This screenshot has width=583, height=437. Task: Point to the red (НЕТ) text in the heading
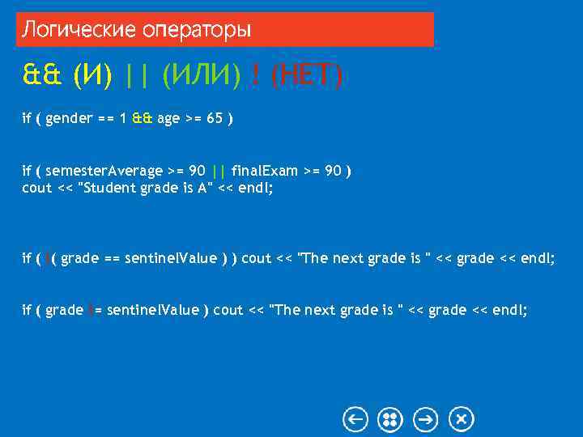(x=306, y=77)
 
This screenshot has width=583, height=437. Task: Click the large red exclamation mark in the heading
(x=256, y=77)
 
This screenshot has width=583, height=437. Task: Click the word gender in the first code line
(x=69, y=119)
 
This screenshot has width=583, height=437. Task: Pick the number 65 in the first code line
(x=215, y=119)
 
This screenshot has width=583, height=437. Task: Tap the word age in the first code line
(x=168, y=119)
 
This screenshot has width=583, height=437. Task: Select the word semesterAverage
(x=104, y=171)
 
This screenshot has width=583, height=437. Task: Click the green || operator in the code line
(x=217, y=171)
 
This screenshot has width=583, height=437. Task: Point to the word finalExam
(x=264, y=171)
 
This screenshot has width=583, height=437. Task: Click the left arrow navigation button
(x=355, y=419)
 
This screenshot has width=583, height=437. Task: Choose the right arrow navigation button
(x=426, y=419)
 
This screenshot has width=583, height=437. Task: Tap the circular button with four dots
(x=390, y=419)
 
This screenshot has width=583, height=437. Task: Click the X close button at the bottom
(x=461, y=419)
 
